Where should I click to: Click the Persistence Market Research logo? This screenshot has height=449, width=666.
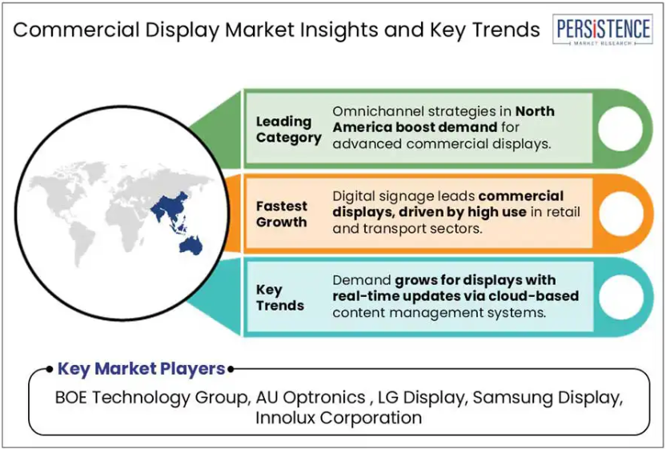coord(603,30)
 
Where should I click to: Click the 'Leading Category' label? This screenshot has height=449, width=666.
coord(288,129)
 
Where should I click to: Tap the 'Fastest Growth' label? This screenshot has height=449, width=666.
coord(281,214)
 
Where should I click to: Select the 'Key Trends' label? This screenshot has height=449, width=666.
coord(280,298)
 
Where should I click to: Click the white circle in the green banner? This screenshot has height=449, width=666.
coord(620,128)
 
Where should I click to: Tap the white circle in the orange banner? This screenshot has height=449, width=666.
coord(621,214)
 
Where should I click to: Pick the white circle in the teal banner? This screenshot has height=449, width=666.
coord(621,297)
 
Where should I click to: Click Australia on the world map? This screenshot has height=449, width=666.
coord(191,246)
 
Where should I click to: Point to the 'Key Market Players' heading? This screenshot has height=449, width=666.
coord(141,368)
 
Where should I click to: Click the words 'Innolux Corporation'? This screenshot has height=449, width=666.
coord(339,418)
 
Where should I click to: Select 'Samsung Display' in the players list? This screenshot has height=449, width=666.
coord(548,398)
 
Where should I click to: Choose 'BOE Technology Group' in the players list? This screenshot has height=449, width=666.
coord(151,398)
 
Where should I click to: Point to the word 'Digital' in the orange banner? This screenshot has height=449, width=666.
coord(354,197)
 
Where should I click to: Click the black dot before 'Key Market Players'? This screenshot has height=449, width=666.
coord(50,369)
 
